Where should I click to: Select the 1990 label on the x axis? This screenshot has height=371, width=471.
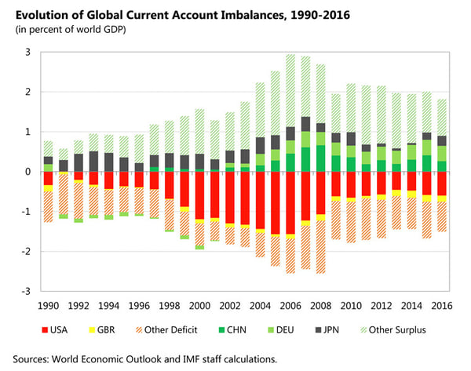tap(49, 304)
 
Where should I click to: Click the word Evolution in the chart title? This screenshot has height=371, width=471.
tap(45, 13)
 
